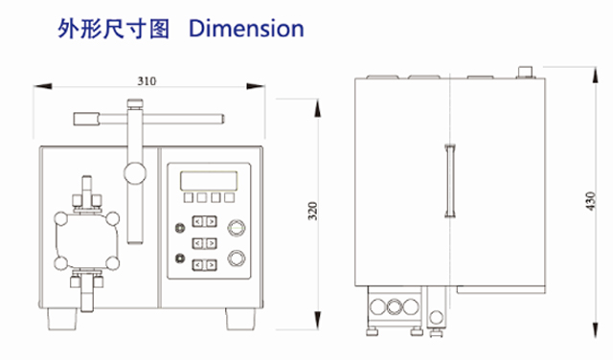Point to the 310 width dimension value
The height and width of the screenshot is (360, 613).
click(x=147, y=81)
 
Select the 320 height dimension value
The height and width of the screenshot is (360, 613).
click(x=312, y=213)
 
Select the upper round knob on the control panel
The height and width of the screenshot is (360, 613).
click(x=236, y=228)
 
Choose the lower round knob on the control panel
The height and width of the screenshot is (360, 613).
click(x=236, y=258)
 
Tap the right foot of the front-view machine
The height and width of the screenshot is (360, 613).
click(x=238, y=315)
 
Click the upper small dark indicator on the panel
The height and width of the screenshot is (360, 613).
click(x=179, y=228)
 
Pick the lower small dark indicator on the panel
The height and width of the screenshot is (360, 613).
click(x=179, y=259)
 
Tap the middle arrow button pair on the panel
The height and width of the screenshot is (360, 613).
click(x=204, y=243)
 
